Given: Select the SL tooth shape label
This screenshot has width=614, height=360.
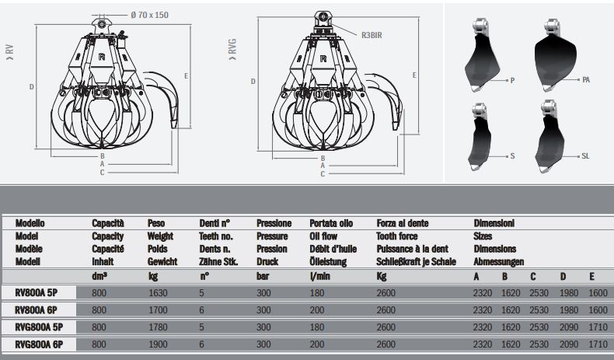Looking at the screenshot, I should coord(585,156).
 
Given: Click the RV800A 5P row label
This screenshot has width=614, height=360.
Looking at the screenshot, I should coord(37,293).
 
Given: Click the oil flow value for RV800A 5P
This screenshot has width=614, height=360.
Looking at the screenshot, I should coord(317,293).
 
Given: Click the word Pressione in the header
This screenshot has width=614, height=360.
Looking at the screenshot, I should coord(274,223).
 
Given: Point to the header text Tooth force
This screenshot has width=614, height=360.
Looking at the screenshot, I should coord(400,236).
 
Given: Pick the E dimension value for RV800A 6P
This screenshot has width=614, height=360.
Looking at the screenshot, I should coord(597,309).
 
